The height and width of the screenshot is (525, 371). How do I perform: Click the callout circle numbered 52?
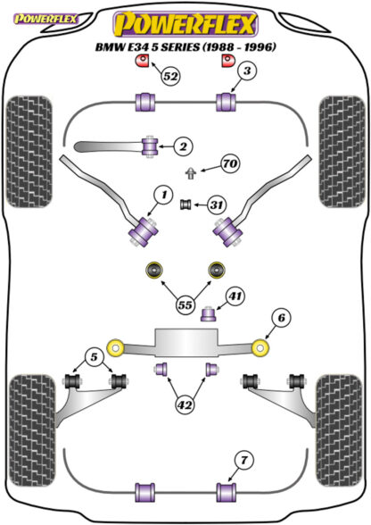pyautogui.click(x=170, y=77)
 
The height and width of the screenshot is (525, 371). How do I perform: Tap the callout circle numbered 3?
pyautogui.click(x=247, y=71)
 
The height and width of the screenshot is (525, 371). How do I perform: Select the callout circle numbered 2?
pyautogui.click(x=183, y=146)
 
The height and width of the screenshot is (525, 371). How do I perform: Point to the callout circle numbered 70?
pyautogui.click(x=230, y=163)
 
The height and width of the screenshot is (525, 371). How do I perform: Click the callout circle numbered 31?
pyautogui.click(x=217, y=204)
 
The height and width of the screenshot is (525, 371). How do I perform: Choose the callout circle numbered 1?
pyautogui.click(x=164, y=195)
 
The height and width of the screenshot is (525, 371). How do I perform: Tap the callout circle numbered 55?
pyautogui.click(x=185, y=304)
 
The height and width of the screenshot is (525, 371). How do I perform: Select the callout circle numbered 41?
pyautogui.click(x=235, y=296)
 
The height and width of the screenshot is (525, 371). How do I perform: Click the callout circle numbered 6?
pyautogui.click(x=281, y=318)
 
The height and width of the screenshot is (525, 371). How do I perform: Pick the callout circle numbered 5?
pyautogui.click(x=94, y=357)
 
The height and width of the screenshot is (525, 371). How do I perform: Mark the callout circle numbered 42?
pyautogui.click(x=185, y=405)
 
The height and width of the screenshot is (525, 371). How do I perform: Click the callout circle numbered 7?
pyautogui.click(x=243, y=461)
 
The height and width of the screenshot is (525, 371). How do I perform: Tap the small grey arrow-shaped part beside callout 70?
pyautogui.click(x=191, y=173)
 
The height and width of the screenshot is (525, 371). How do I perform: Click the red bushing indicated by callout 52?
pyautogui.click(x=142, y=61)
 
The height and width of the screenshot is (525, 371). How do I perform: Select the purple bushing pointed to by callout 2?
pyautogui.click(x=150, y=146)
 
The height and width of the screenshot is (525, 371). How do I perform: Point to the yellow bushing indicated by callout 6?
pyautogui.click(x=260, y=347)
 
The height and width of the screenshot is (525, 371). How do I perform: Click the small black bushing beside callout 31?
pyautogui.click(x=185, y=204)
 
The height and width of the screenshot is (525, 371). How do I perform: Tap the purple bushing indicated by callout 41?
pyautogui.click(x=209, y=313)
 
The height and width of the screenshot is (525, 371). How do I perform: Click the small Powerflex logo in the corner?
pyautogui.click(x=45, y=19)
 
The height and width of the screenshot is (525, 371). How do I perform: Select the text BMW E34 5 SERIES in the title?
pyautogui.click(x=147, y=46)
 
